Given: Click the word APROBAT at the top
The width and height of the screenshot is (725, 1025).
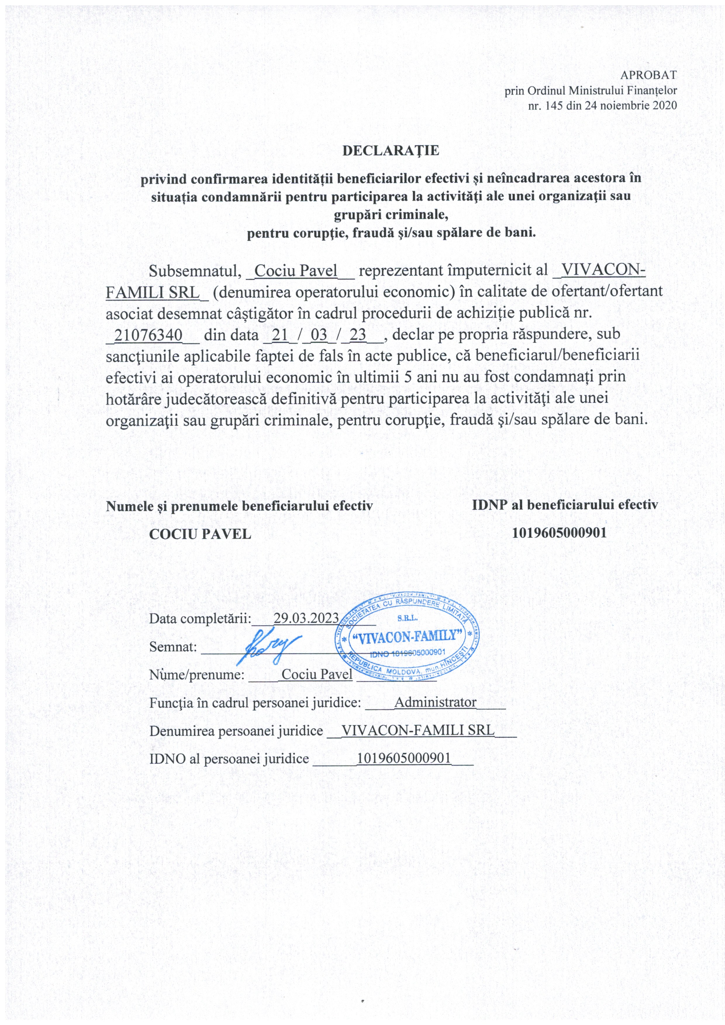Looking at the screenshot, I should tap(649, 75).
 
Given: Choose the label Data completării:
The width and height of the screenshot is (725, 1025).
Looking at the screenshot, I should tap(201, 619).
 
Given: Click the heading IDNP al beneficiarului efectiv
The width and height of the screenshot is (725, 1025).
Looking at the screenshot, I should tap(565, 505).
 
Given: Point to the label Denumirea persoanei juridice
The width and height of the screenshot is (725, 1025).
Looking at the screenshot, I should tap(236, 731).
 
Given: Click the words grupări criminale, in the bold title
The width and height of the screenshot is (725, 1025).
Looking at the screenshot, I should tap(391, 215).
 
